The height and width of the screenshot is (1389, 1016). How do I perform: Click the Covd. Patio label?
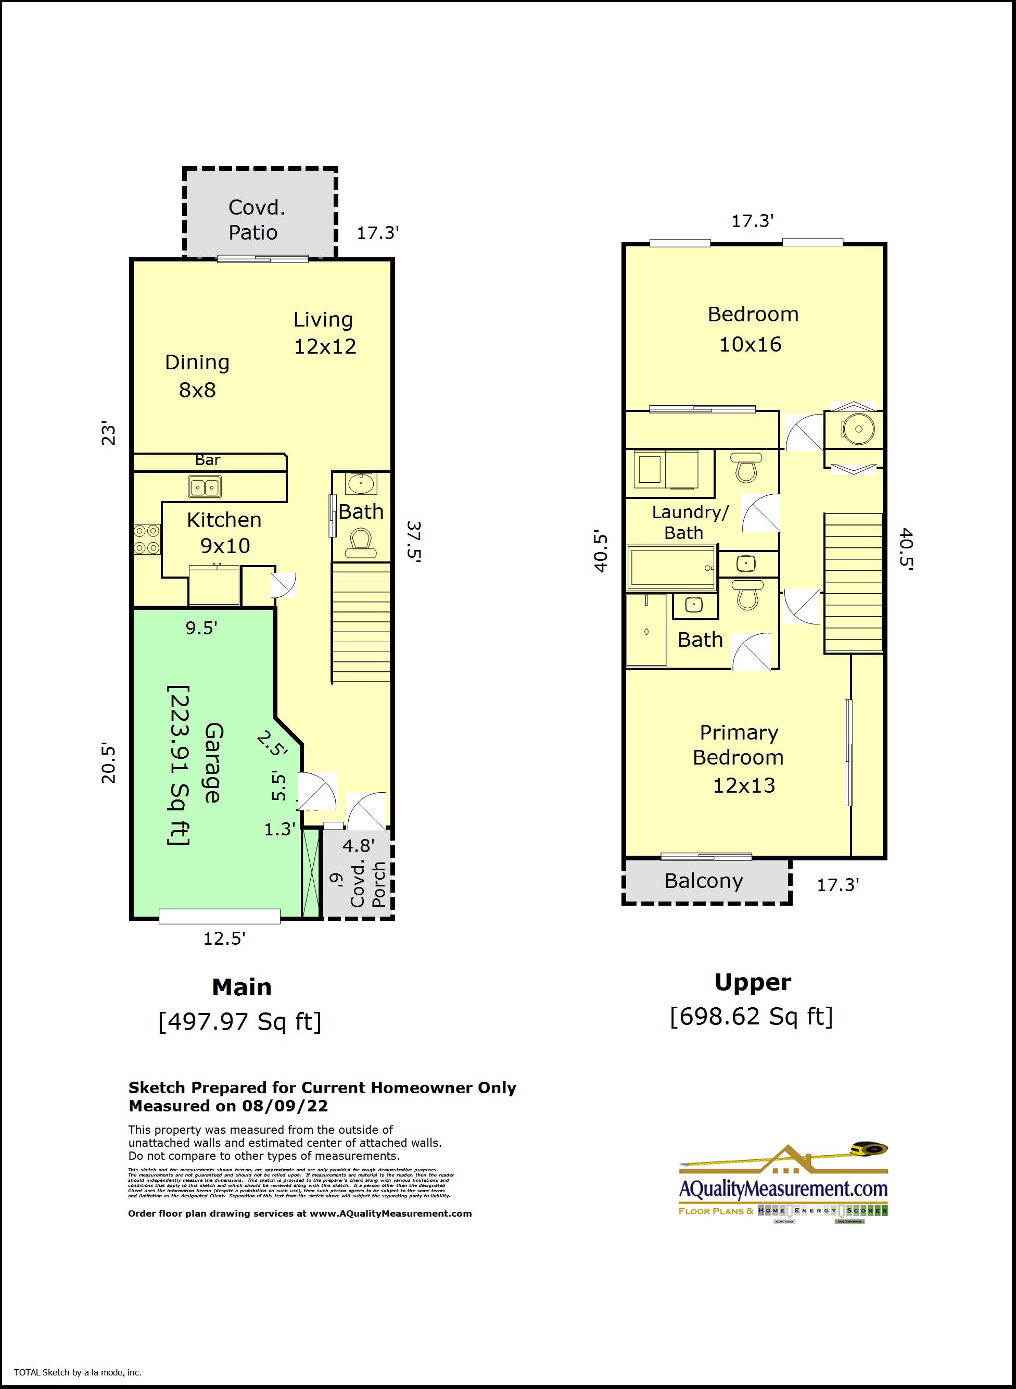click(257, 220)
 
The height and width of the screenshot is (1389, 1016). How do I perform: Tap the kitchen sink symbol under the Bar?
click(205, 487)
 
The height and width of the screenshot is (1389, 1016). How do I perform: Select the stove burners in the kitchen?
click(147, 539)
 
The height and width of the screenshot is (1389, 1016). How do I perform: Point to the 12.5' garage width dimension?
click(224, 938)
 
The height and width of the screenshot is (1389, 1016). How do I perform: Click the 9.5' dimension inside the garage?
click(201, 628)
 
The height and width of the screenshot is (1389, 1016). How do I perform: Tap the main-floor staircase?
click(361, 621)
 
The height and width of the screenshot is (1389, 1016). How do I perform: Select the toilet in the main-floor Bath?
click(360, 543)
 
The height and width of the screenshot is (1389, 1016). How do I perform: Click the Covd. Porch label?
click(369, 884)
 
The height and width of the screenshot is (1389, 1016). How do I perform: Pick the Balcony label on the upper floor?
click(704, 881)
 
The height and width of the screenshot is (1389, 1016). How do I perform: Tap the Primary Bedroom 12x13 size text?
click(744, 786)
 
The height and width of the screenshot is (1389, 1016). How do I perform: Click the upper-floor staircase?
click(853, 582)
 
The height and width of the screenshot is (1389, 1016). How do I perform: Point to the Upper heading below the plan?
click(752, 982)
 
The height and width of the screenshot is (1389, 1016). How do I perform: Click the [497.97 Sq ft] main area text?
click(240, 1022)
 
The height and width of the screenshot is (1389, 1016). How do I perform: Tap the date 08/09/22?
click(285, 1106)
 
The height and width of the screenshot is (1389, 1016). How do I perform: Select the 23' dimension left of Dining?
click(108, 434)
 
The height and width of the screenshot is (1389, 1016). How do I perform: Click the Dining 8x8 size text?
click(197, 390)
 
